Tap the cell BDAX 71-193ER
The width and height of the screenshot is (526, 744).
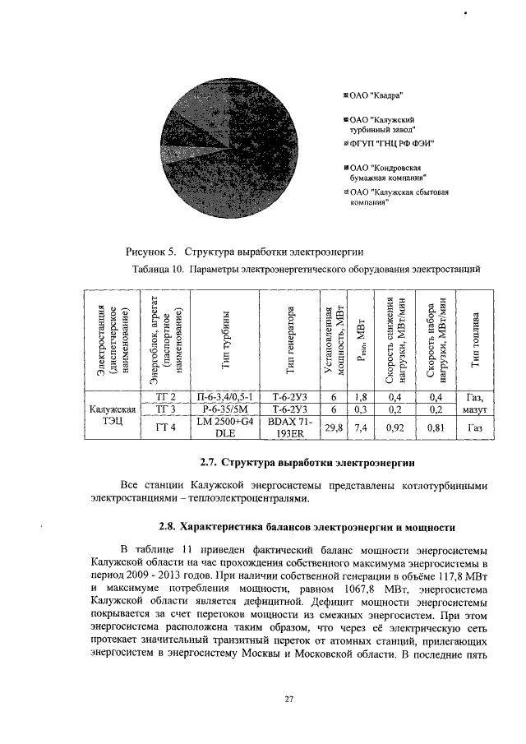point(289,427)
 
